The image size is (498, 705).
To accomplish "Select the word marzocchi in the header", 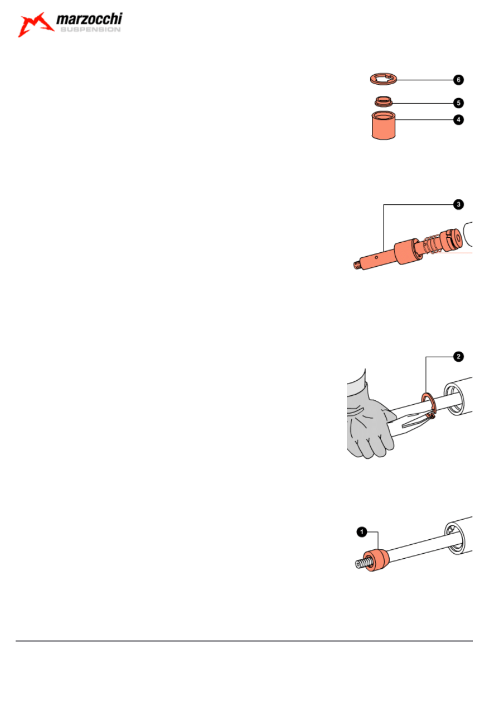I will point(89,21).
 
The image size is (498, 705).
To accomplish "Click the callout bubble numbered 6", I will point(457,80).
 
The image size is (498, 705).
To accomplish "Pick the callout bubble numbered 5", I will point(457,103).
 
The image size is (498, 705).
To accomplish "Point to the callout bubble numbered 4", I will point(457,119).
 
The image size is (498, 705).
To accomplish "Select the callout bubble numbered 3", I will point(457,205).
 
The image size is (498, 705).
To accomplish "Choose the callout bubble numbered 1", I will point(361,533).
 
